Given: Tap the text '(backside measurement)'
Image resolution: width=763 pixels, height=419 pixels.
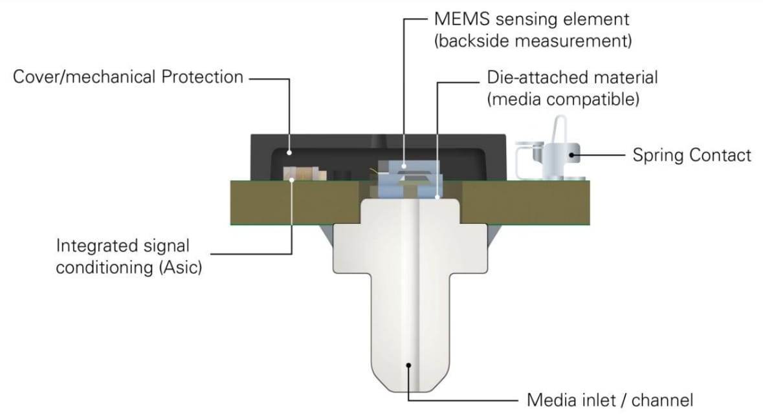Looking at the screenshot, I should (x=533, y=41).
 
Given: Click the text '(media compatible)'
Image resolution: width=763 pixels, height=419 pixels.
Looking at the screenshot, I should (x=563, y=100).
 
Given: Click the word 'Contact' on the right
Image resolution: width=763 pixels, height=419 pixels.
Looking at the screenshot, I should (x=720, y=155).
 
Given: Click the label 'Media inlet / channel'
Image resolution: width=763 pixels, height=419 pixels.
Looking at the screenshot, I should (x=610, y=400).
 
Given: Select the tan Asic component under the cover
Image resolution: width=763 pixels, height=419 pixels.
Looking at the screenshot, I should (x=302, y=173).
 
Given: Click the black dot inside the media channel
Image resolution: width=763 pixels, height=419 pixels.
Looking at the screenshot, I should (x=409, y=365).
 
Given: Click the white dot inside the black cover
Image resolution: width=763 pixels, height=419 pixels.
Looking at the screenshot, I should (x=290, y=153).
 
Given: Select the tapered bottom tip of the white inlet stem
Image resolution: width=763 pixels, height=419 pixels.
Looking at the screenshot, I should (x=409, y=381).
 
